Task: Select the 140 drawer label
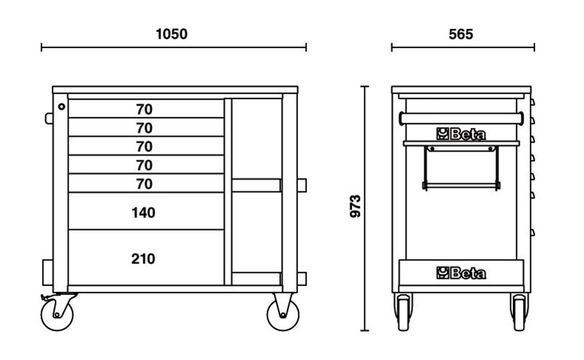(x=144, y=213)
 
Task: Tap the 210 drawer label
(x=144, y=259)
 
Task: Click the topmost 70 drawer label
(x=144, y=109)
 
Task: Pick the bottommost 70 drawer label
(x=144, y=183)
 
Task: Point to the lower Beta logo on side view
(x=461, y=274)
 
